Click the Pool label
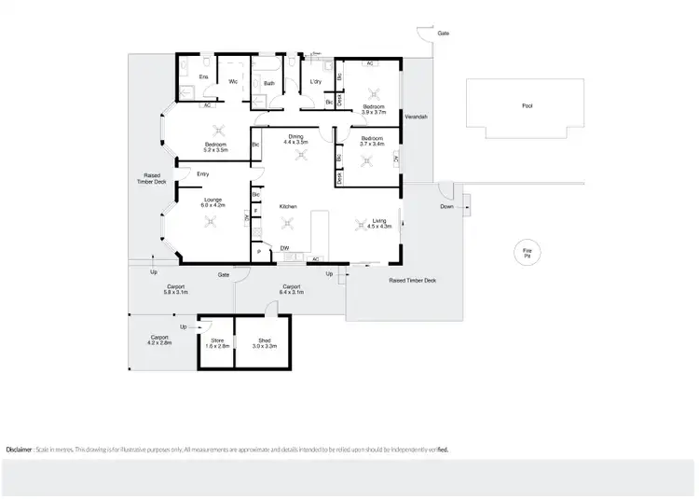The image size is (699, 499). (x=528, y=106)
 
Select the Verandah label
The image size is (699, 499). (x=416, y=117)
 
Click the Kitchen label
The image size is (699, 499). (x=288, y=206)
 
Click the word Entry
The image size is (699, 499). (x=202, y=174)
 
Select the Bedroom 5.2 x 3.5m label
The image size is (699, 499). (x=216, y=146)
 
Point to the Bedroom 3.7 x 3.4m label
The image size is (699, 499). (x=375, y=142)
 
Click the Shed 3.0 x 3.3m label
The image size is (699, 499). (x=264, y=343)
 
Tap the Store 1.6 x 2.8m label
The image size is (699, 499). (x=217, y=343)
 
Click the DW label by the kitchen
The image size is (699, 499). (x=284, y=247)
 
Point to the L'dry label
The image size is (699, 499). (x=315, y=83)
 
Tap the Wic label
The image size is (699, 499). (x=234, y=83)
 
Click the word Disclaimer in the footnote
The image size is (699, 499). (x=21, y=450)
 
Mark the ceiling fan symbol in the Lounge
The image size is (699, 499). (x=211, y=221)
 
